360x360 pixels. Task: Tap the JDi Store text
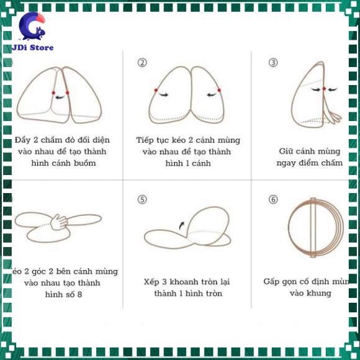32,47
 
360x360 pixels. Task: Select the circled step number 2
142,62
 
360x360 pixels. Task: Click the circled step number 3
272,62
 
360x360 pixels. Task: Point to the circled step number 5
142,199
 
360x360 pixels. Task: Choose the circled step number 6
272,199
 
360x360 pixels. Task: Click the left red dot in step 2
155,91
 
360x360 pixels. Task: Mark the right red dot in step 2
219,91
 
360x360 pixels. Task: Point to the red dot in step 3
324,89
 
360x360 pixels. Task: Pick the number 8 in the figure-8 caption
79,294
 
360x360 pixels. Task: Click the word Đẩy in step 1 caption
23,140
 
